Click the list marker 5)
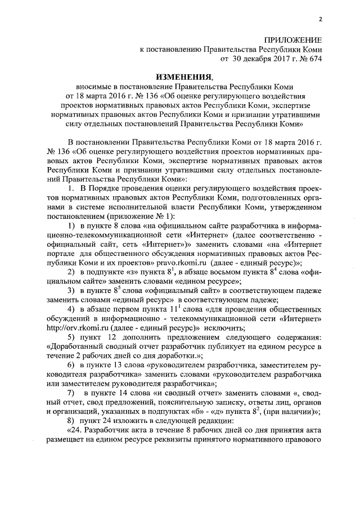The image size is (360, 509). coord(73,337)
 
